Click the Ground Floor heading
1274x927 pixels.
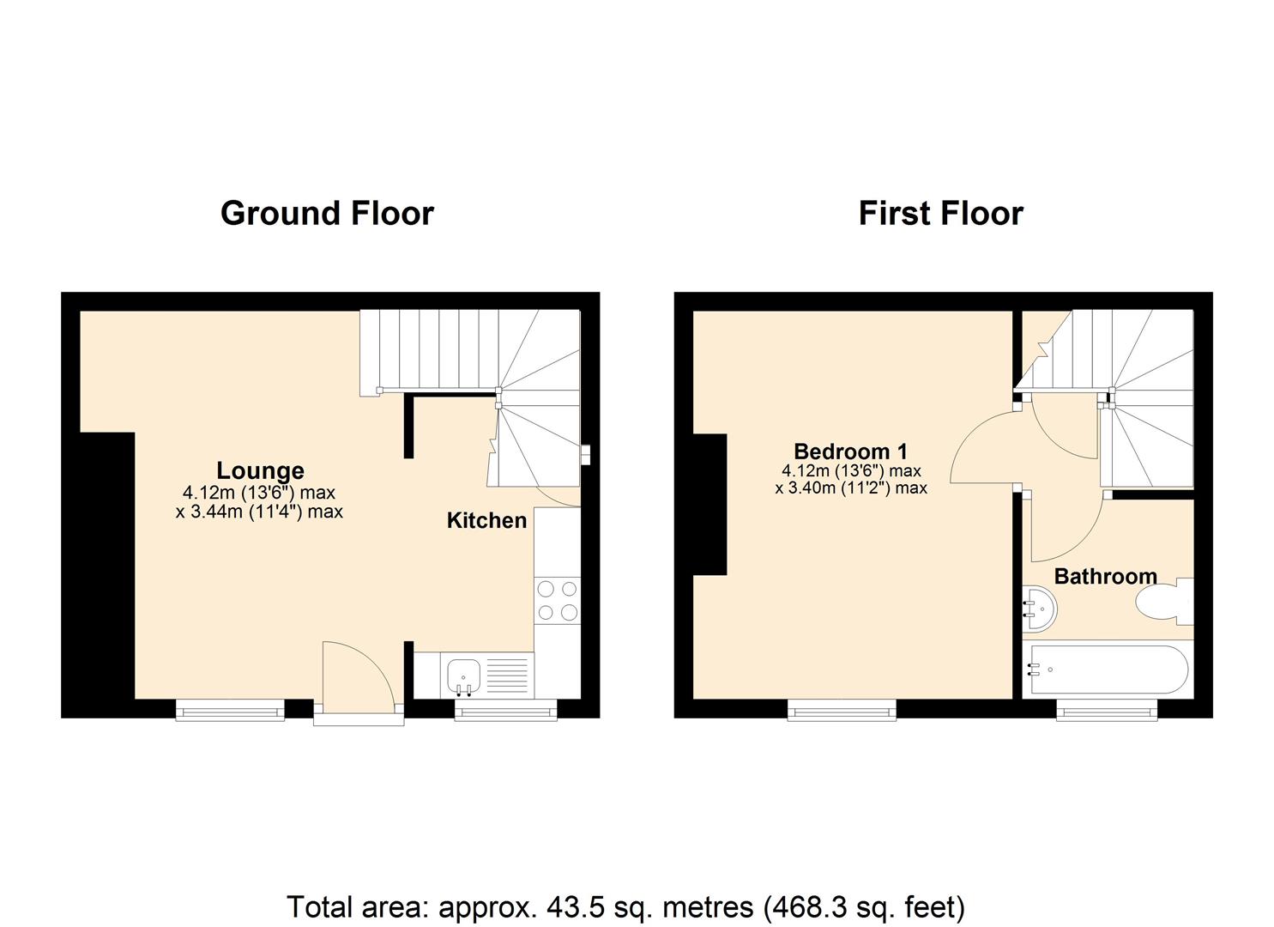[327, 213]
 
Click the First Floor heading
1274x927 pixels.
[940, 213]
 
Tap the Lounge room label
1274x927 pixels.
[260, 470]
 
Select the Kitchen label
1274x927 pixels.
[486, 520]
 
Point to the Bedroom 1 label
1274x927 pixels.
[850, 451]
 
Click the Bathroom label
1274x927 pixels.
[1105, 576]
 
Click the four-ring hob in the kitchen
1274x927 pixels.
[557, 600]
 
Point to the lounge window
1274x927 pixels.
[230, 709]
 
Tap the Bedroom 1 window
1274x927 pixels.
[842, 709]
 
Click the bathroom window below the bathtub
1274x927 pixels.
[1106, 709]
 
